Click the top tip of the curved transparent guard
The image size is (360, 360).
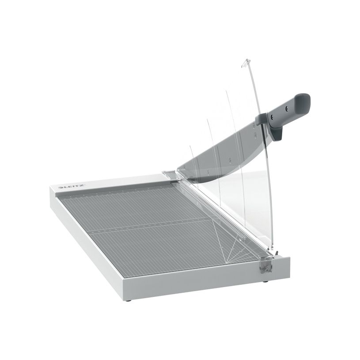pos(244,61)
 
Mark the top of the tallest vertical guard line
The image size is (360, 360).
pos(227,92)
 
